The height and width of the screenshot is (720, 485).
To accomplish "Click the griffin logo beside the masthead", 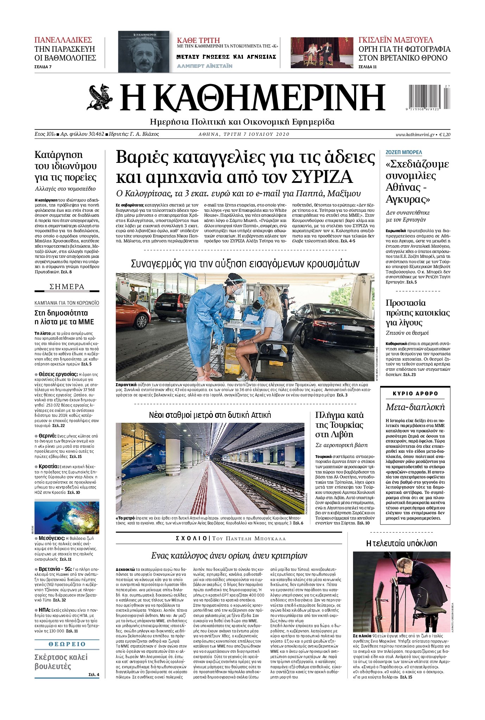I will click(100, 97).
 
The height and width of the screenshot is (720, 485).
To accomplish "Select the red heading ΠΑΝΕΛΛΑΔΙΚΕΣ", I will click(63, 40).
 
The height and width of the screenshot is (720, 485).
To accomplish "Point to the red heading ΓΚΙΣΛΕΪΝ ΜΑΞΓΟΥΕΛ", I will click(396, 40).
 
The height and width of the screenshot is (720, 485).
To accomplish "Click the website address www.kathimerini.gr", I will click(415, 134).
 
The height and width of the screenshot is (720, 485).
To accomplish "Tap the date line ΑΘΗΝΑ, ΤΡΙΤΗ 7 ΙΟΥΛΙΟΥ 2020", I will click(244, 134).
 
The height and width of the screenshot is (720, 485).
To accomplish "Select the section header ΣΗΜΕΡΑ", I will click(67, 287).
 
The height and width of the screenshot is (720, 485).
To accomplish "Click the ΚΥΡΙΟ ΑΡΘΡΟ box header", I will click(415, 394).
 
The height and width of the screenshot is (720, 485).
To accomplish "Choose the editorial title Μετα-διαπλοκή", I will click(415, 407).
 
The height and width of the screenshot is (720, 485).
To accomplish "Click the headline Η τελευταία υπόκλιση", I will click(402, 543).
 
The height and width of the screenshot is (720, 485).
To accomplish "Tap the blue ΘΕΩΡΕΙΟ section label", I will click(67, 644).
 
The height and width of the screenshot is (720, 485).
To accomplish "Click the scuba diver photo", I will click(67, 517).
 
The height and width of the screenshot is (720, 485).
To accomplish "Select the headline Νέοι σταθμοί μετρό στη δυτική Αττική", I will click(210, 415).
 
